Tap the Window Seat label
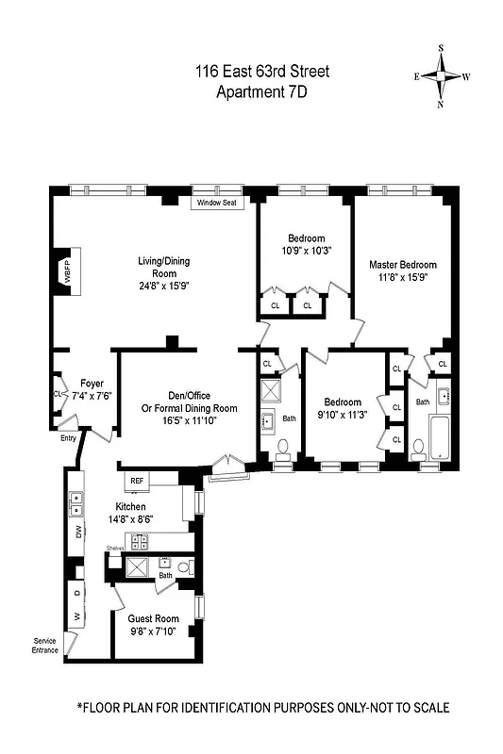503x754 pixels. (215, 203)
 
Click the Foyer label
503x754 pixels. (92, 383)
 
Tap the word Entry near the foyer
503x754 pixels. (68, 437)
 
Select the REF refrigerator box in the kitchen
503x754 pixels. (136, 480)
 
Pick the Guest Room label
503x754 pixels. (153, 618)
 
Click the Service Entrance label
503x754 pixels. (44, 646)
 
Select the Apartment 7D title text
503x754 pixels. (262, 91)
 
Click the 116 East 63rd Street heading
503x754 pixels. (262, 72)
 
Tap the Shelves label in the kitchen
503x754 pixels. (115, 548)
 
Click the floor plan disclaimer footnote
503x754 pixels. (262, 707)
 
